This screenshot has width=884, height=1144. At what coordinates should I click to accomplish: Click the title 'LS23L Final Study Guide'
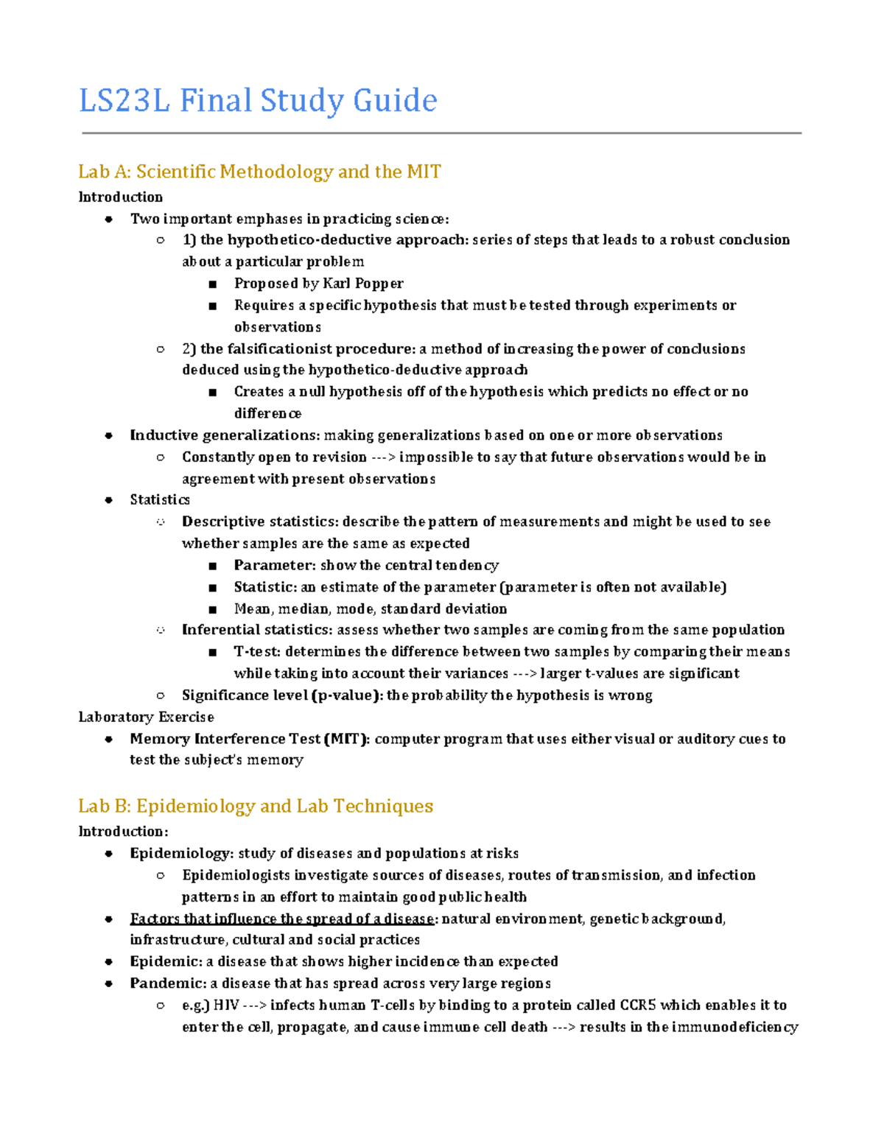[258, 101]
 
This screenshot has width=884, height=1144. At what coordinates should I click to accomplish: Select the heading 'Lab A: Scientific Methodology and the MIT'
[259, 172]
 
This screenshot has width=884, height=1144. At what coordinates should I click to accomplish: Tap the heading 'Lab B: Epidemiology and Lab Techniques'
[256, 806]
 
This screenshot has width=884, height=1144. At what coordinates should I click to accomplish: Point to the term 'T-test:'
[257, 652]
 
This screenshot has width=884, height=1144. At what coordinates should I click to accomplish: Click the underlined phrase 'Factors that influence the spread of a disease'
[282, 919]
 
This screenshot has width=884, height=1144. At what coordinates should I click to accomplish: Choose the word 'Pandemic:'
[168, 983]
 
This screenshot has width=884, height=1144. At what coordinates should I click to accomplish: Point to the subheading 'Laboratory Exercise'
[146, 717]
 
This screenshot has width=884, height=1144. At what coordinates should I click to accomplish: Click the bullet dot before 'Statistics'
[109, 500]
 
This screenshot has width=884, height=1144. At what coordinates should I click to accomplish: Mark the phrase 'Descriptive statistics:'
[260, 522]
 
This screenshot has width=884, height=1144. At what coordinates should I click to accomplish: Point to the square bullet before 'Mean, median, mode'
[212, 609]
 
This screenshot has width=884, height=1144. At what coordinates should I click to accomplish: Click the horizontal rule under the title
[441, 133]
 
